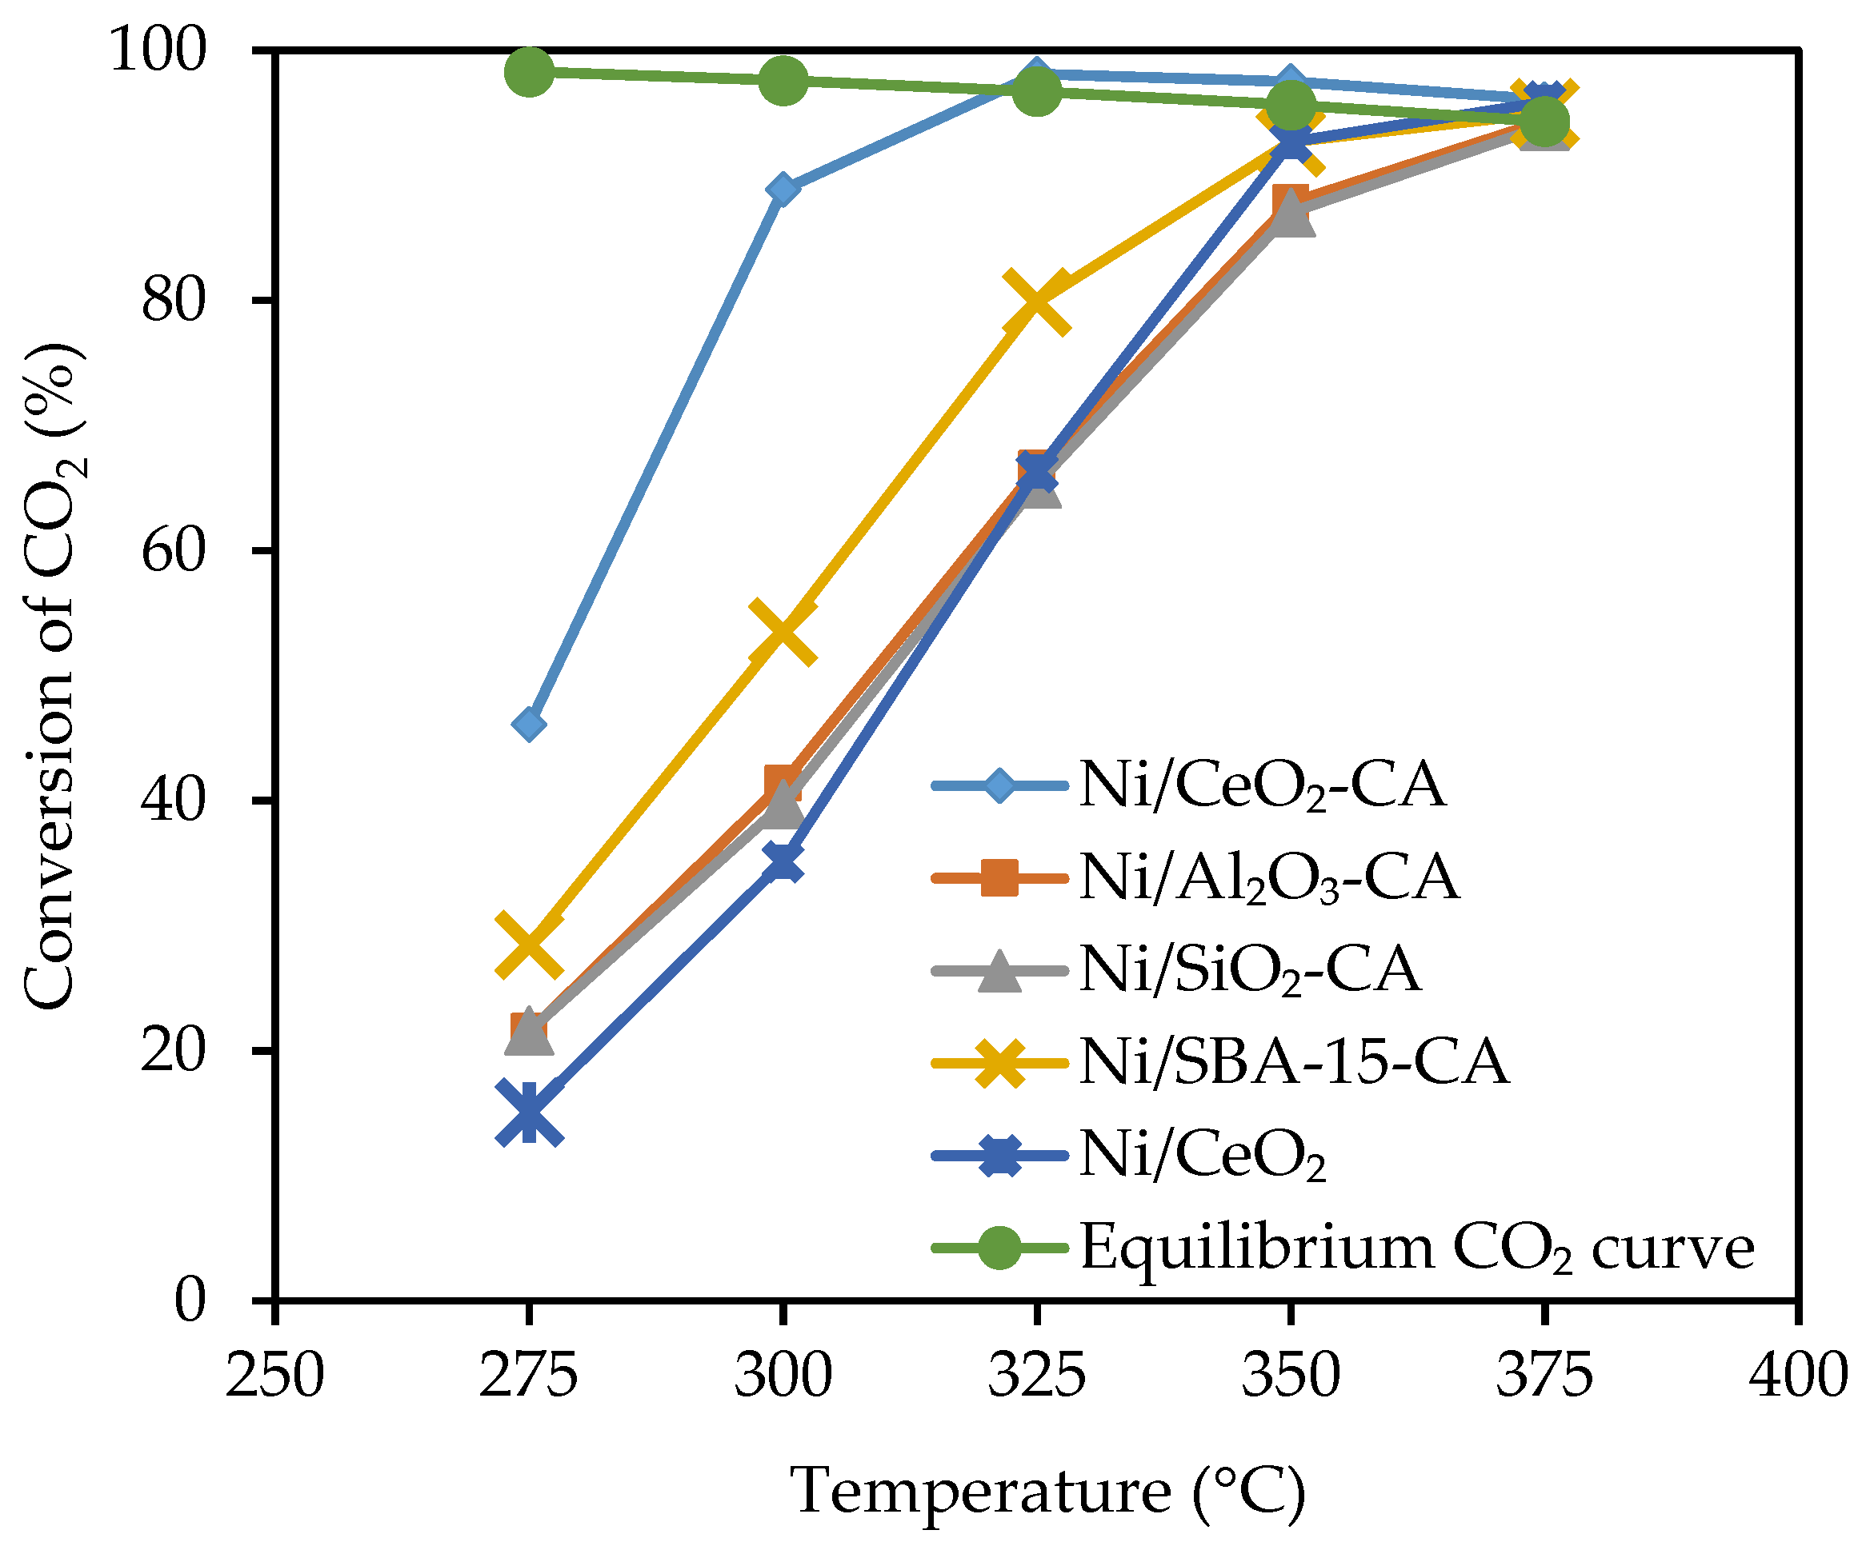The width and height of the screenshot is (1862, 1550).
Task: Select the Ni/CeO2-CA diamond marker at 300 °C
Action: coord(782,189)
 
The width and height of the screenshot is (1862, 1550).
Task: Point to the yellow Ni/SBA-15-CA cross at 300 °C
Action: coord(782,630)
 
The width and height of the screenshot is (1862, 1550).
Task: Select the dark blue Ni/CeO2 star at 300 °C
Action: coord(782,861)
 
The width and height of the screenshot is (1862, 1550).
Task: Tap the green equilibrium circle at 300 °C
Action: coord(782,81)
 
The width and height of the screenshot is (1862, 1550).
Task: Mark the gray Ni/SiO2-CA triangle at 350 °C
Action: coord(1290,215)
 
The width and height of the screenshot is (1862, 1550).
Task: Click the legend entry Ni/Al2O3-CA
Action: coord(1268,877)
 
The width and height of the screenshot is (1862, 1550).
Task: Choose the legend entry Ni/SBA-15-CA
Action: coord(1293,1061)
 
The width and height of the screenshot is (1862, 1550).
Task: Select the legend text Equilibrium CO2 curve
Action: coord(1417,1247)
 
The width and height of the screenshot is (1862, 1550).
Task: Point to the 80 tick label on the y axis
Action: coord(173,301)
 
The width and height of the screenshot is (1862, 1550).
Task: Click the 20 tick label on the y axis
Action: coord(173,1051)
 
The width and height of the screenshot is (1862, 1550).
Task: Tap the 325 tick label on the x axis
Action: coord(1035,1376)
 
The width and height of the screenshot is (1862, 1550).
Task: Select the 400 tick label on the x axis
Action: coord(1797,1376)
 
